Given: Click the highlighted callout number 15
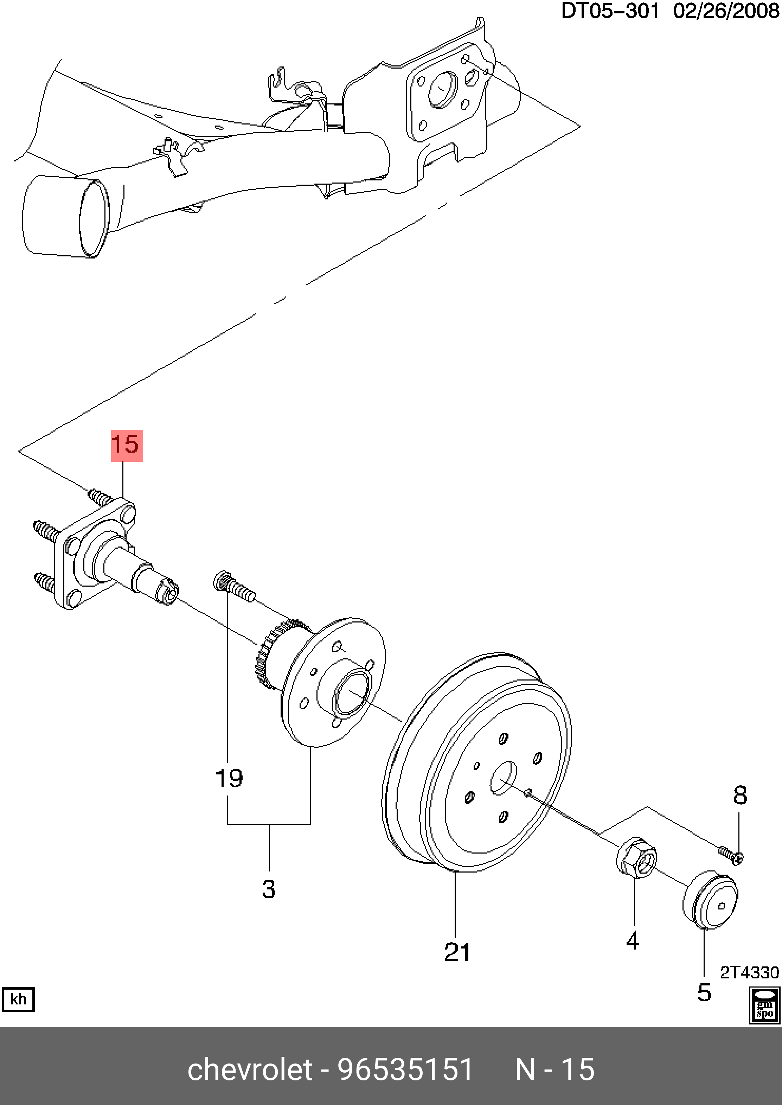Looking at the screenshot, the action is (127, 445).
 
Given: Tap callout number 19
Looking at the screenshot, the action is (229, 779).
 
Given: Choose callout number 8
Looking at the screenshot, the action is (740, 796).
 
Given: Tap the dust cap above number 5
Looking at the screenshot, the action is (710, 899).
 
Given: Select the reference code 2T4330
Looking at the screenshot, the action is (749, 973).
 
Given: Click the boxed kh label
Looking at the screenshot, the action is (18, 999).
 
